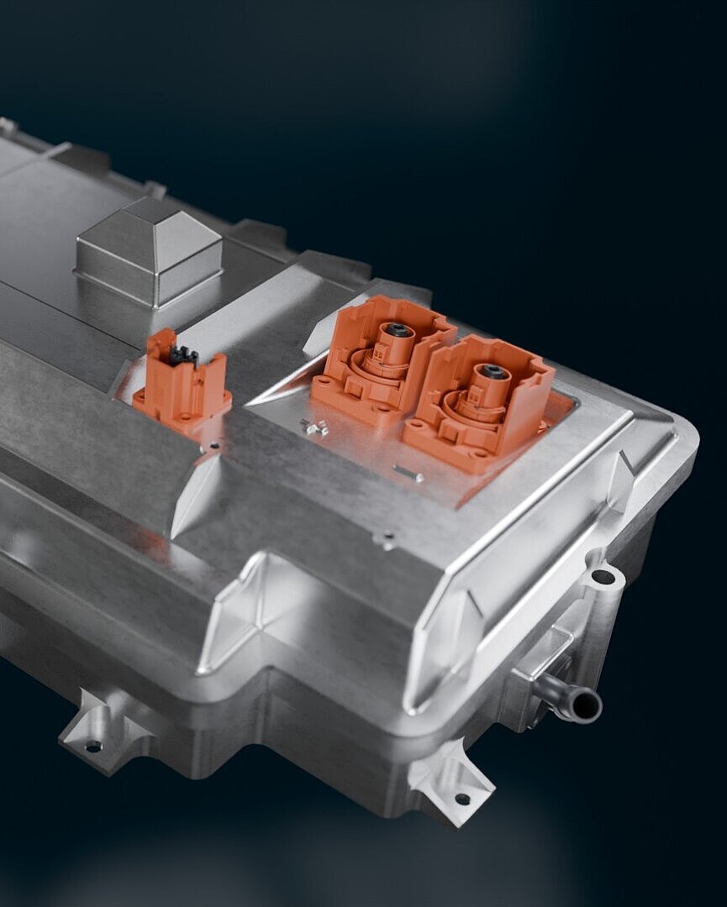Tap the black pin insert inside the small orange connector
pos(183,356)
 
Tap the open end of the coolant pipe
pos(587,705)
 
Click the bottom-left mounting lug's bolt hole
pos(93,745)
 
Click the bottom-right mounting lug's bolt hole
pos(461,799)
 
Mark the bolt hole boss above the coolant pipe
pos(603,577)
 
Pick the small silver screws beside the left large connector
pos(315,428)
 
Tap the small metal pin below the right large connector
pos(408,474)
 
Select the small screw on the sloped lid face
pos(386,542)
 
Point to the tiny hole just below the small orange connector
pos(216,446)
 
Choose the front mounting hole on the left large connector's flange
pos(382,411)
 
